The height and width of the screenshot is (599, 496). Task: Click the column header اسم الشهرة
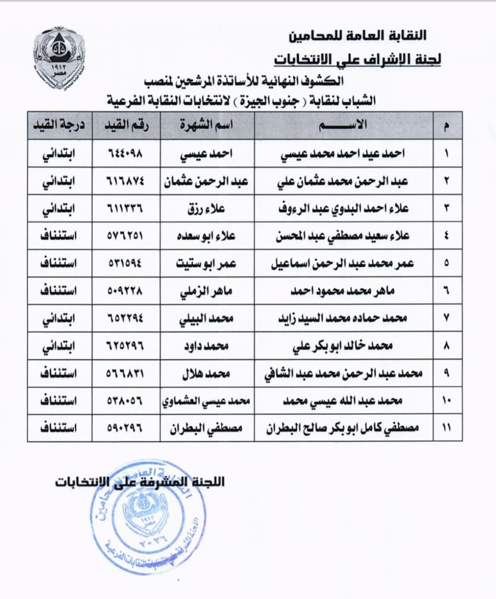pos(207,125)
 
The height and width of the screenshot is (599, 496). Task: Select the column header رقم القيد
pos(126,125)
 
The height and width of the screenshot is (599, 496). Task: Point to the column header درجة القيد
pos(59,125)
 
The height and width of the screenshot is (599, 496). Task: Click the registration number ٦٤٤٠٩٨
pos(126,153)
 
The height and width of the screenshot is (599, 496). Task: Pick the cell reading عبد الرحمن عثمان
pos(207,181)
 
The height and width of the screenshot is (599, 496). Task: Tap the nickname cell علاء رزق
pos(207,208)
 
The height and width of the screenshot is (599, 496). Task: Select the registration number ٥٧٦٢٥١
pos(126,236)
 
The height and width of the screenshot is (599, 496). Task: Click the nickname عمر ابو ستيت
pos(207,263)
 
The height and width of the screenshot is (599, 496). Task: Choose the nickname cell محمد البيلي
pos(207,318)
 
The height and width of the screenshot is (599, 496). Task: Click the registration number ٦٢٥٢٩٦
pos(126,346)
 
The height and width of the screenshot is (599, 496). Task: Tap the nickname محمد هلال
pos(207,373)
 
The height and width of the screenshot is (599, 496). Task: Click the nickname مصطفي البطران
pos(207,428)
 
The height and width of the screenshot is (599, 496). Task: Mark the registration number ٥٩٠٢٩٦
pos(126,428)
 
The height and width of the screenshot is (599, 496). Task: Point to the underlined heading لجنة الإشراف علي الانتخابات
pos(357,60)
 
